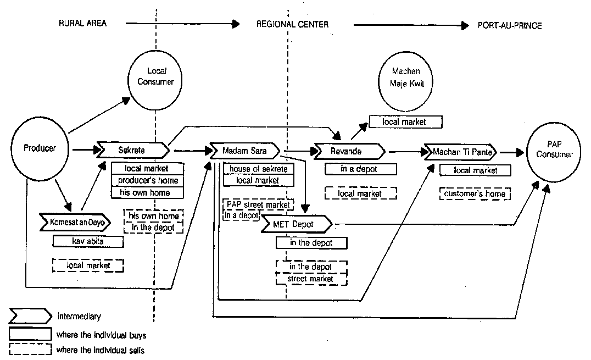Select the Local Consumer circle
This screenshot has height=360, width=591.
tap(156, 77)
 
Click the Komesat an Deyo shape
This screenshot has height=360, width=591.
tap(76, 222)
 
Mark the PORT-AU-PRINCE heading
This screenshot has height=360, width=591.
tap(510, 25)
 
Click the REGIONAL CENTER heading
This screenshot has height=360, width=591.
tap(292, 25)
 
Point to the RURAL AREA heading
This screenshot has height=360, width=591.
tap(83, 24)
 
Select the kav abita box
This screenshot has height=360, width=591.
tap(88, 241)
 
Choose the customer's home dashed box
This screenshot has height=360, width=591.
tap(474, 194)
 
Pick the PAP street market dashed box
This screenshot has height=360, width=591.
tap(258, 205)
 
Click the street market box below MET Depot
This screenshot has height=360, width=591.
tap(311, 279)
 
